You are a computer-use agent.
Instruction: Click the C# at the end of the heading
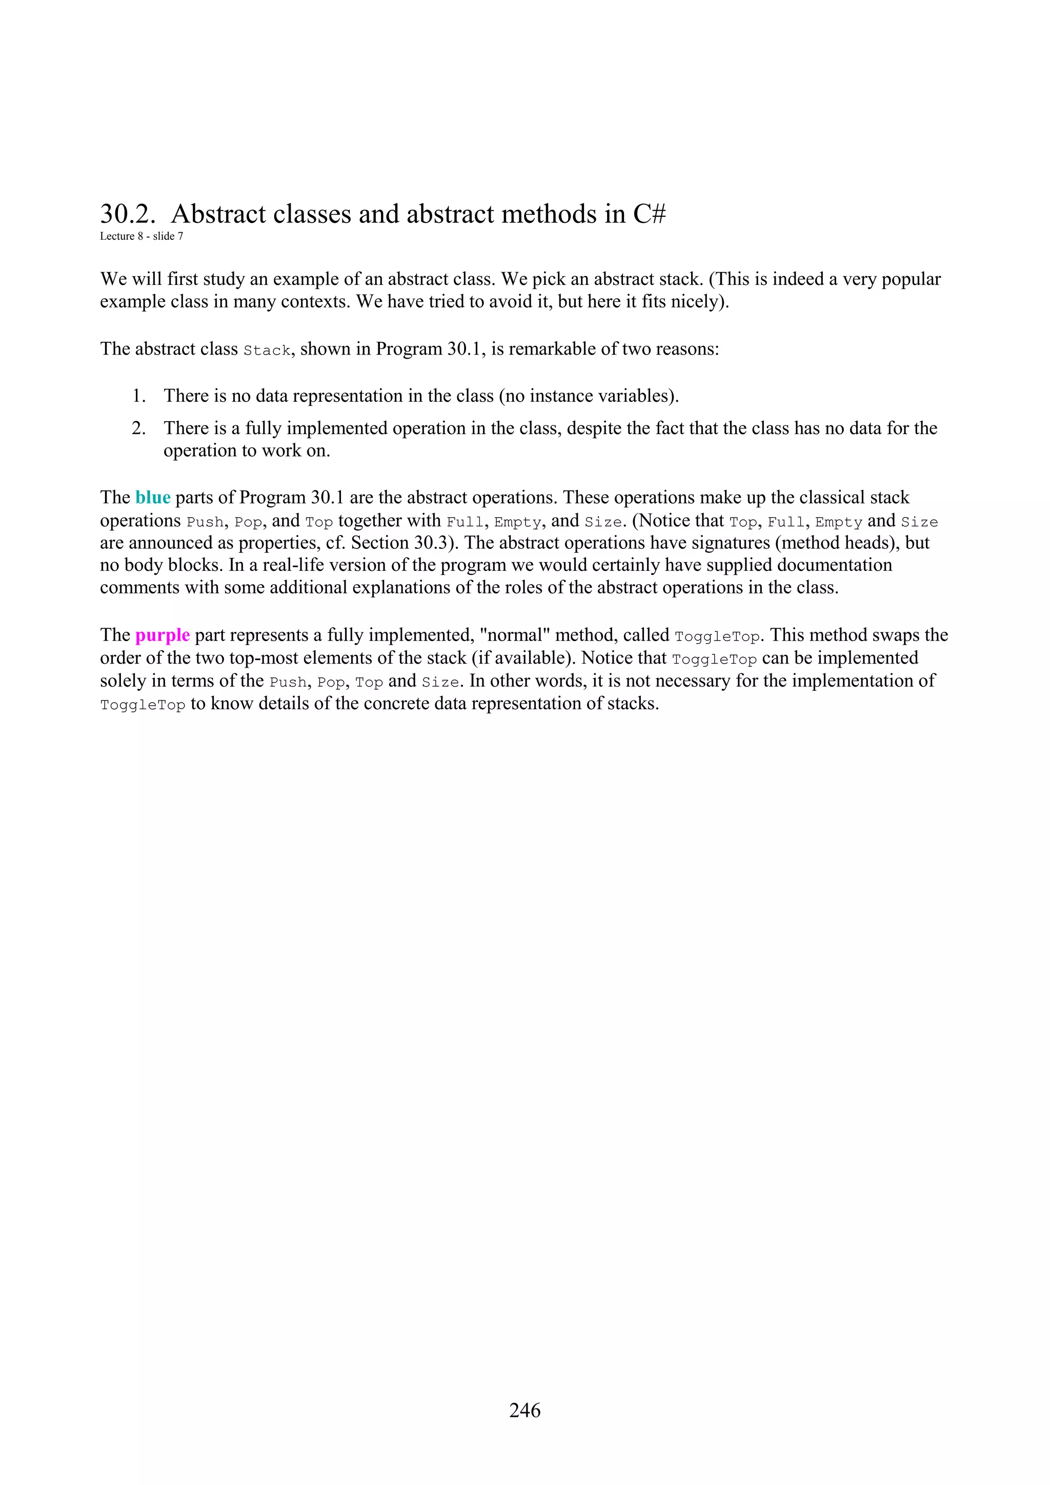tap(649, 214)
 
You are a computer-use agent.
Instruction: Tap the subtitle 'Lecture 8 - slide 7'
tap(141, 237)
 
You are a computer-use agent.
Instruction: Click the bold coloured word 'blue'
tap(153, 498)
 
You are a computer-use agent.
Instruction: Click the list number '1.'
tap(138, 396)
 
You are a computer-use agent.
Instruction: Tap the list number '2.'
tap(138, 428)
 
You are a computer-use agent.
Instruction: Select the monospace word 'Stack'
tap(267, 350)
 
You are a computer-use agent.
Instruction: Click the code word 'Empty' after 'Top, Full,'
tap(838, 522)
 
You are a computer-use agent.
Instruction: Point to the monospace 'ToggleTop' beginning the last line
tap(143, 705)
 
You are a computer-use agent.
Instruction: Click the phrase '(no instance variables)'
tap(589, 396)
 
